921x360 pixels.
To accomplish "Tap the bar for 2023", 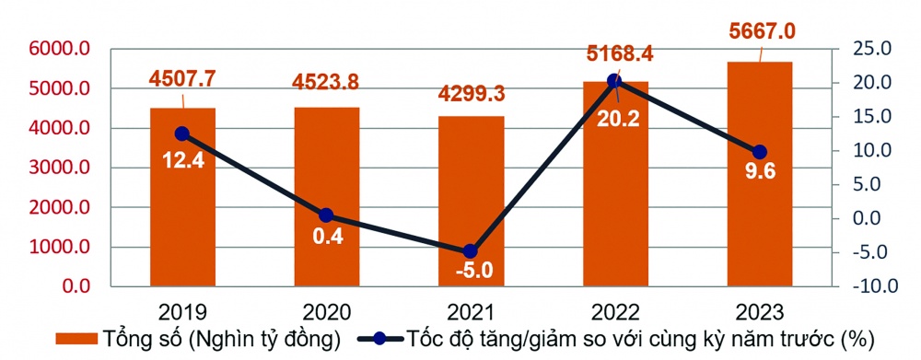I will [760, 175].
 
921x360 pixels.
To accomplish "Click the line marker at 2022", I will [615, 81].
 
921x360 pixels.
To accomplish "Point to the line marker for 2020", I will [326, 215].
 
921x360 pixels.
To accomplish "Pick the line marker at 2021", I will [471, 250].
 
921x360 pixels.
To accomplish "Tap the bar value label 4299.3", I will [472, 95].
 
